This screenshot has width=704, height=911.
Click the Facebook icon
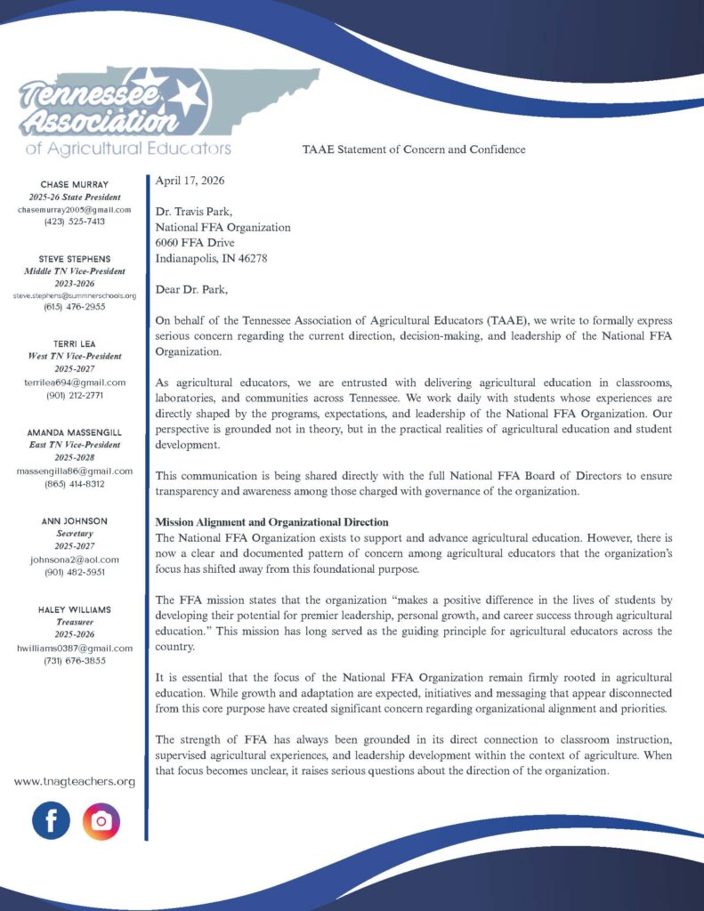tap(51, 820)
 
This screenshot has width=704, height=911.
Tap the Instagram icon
tap(101, 820)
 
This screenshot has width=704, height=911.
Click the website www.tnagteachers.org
tap(75, 781)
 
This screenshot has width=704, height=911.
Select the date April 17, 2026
tap(190, 181)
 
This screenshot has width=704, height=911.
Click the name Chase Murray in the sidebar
tap(75, 184)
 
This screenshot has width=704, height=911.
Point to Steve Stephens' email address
tap(75, 295)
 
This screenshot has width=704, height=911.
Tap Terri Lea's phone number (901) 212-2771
tap(75, 394)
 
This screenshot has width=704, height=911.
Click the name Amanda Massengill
tap(75, 432)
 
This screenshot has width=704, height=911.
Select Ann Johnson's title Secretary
tap(75, 534)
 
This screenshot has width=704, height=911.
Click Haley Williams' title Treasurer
tap(75, 623)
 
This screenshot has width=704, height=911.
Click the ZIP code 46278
tap(250, 258)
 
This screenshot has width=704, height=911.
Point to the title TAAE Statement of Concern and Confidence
tap(414, 149)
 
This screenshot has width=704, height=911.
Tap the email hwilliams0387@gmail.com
tap(75, 649)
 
